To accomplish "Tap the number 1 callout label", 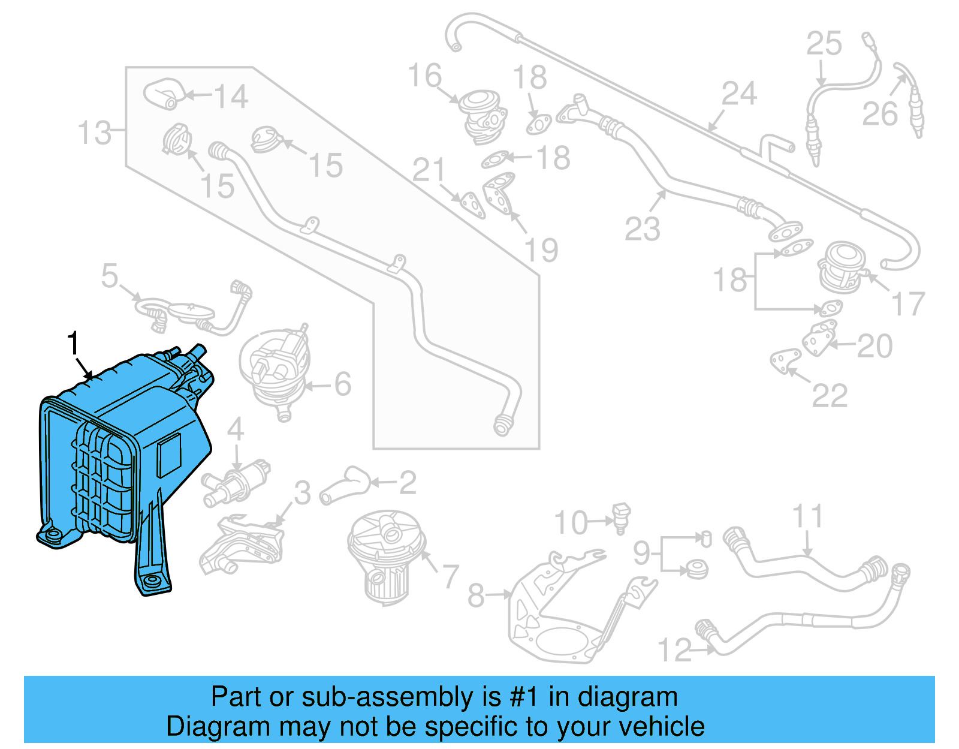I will click(73, 344).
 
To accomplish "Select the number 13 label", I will click(94, 133).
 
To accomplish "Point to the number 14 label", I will click(231, 97).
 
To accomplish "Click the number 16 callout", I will click(424, 76).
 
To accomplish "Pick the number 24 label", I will click(739, 94).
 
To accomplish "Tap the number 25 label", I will click(824, 44).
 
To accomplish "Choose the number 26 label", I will click(879, 114).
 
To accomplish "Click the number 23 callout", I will click(642, 229).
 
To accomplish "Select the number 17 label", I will click(909, 304).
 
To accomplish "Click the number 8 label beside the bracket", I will click(476, 595).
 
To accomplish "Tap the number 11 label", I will click(807, 516).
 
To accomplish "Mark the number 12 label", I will click(674, 650).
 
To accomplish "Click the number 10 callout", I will click(570, 523).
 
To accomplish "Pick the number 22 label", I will click(830, 395).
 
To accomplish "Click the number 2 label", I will click(408, 483).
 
